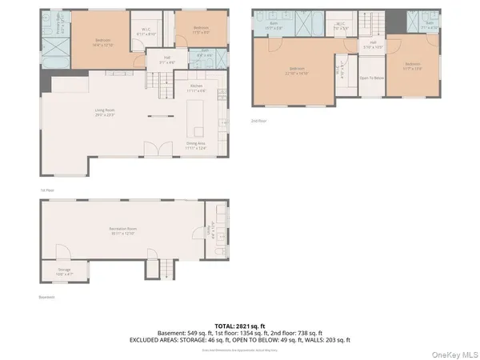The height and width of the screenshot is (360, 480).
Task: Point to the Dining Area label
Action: pyautogui.click(x=196, y=146)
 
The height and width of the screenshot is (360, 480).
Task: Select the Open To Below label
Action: pyautogui.click(x=371, y=78)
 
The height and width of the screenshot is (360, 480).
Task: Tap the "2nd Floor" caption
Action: pyautogui.click(x=258, y=121)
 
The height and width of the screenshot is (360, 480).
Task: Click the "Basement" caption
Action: pyautogui.click(x=46, y=297)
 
